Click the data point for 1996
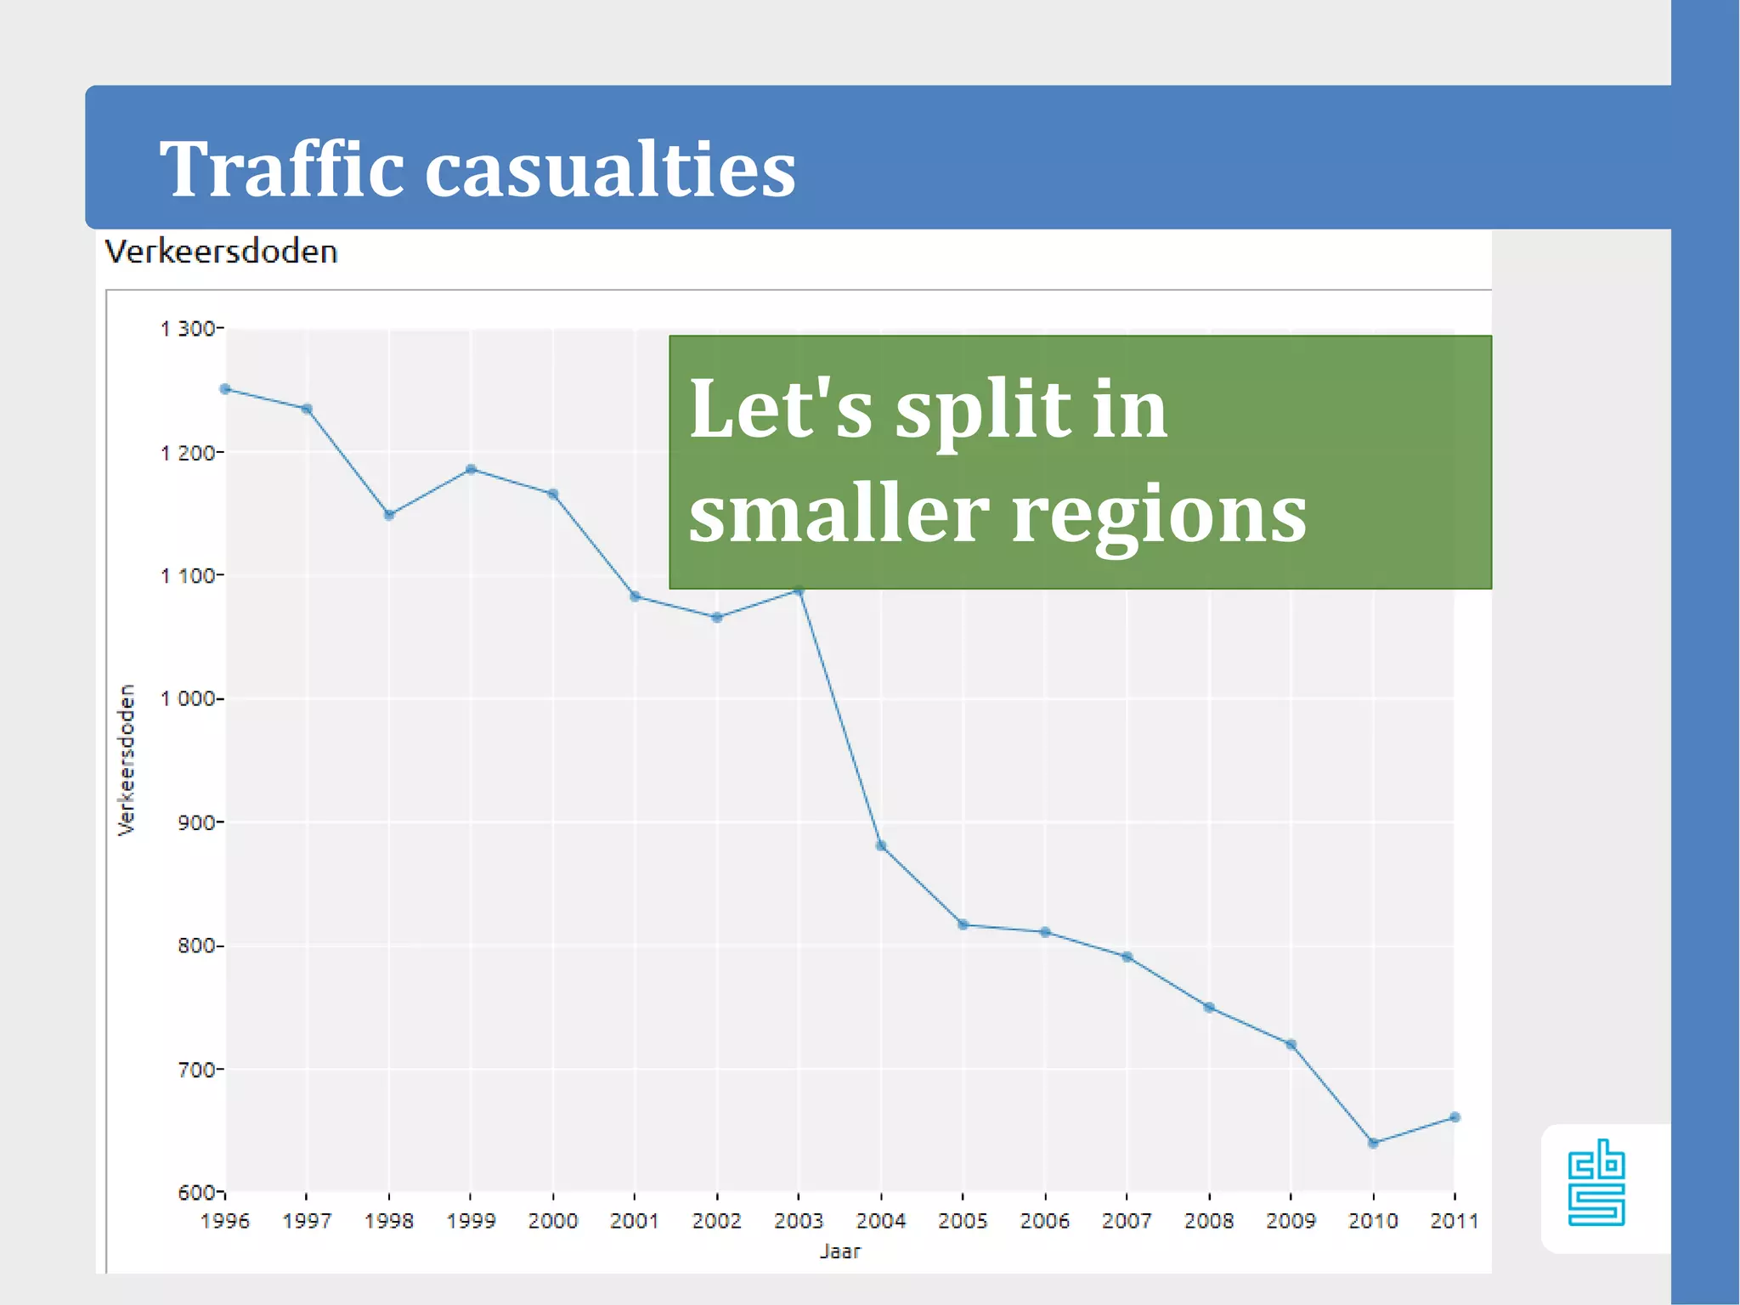click(225, 389)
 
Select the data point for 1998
click(389, 514)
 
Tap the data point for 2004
click(881, 845)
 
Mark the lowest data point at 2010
click(1373, 1143)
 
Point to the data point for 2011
click(1455, 1117)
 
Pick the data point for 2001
click(635, 596)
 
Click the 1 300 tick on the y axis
click(189, 329)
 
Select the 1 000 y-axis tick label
click(189, 698)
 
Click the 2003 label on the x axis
click(799, 1221)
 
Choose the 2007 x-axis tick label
click(1127, 1221)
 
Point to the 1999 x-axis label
click(471, 1221)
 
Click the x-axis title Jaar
click(839, 1251)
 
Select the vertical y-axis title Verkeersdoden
click(127, 760)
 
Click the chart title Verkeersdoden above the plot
click(221, 252)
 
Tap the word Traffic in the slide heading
click(281, 170)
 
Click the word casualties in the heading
click(609, 170)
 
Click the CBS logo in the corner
click(1596, 1184)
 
